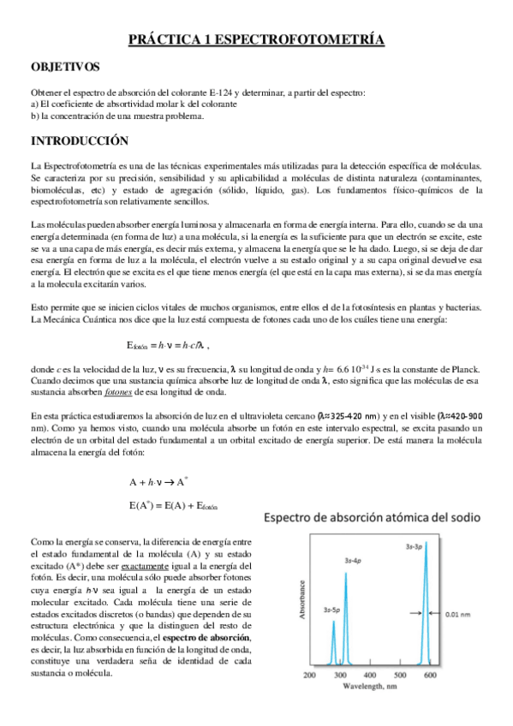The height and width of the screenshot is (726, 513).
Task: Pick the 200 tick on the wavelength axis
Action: (310, 675)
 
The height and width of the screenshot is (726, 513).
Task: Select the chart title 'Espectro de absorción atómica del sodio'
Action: (375, 518)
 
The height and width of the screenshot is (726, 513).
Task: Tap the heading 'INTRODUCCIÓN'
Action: (79, 140)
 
